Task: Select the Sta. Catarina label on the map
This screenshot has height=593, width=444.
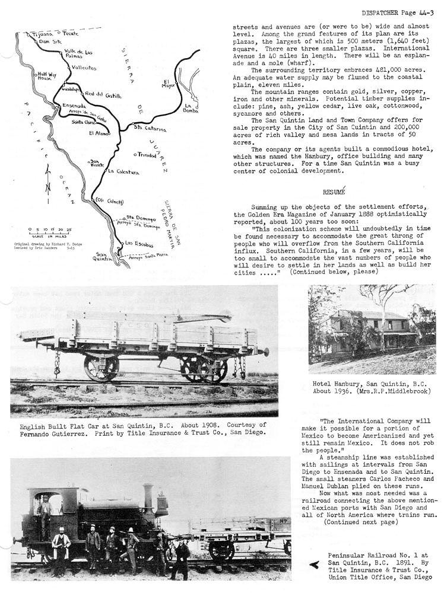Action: (x=150, y=127)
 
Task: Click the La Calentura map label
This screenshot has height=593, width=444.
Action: (x=123, y=172)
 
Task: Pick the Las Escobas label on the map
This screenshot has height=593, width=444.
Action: (x=139, y=244)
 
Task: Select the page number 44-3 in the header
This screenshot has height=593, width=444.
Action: (x=424, y=12)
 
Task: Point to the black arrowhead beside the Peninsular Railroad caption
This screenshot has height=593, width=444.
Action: (x=314, y=565)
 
